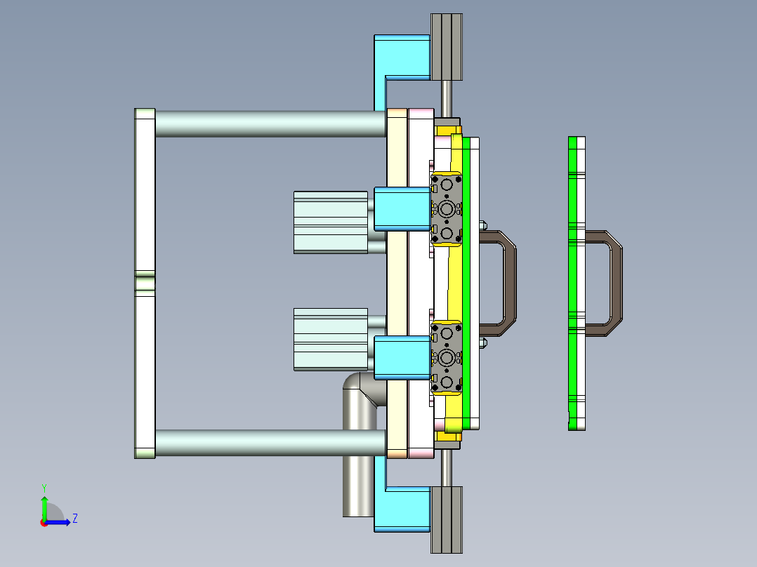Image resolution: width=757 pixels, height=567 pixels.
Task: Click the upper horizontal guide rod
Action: pos(270,123)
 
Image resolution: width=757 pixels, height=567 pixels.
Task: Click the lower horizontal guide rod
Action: pos(270,443)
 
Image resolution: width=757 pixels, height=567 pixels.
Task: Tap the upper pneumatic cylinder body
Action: pos(330,222)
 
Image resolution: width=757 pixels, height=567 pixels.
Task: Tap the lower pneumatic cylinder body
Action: pos(330,339)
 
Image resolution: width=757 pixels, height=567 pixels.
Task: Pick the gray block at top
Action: pos(447,46)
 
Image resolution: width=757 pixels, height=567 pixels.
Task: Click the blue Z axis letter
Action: pos(74,519)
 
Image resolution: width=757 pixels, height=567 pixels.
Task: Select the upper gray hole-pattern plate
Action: pos(447,208)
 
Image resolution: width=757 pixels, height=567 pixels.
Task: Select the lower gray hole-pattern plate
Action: pos(447,358)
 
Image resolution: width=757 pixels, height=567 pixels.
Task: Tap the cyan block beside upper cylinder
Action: pos(402,209)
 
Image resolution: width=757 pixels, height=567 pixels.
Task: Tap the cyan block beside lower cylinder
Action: pos(402,358)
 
